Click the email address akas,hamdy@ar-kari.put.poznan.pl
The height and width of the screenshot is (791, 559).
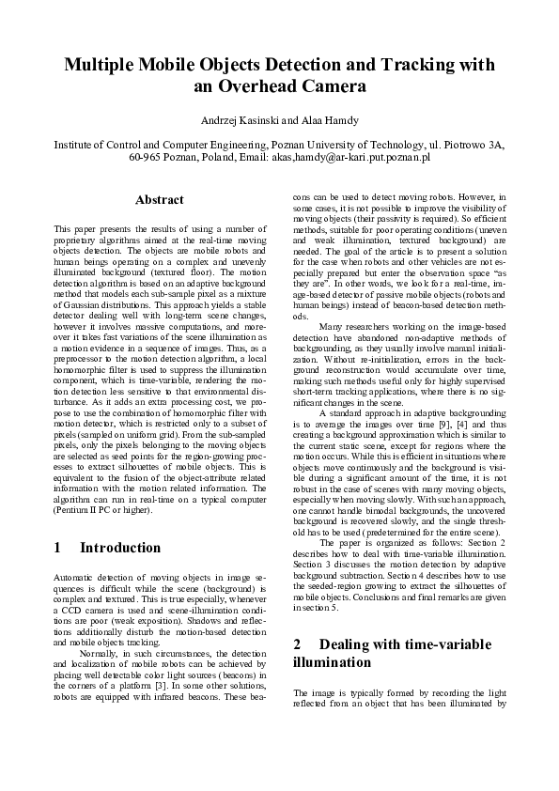tap(349, 159)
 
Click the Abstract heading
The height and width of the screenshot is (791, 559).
tap(159, 200)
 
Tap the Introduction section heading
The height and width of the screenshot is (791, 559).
tap(119, 548)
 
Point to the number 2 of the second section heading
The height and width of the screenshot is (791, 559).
tap(297, 644)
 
